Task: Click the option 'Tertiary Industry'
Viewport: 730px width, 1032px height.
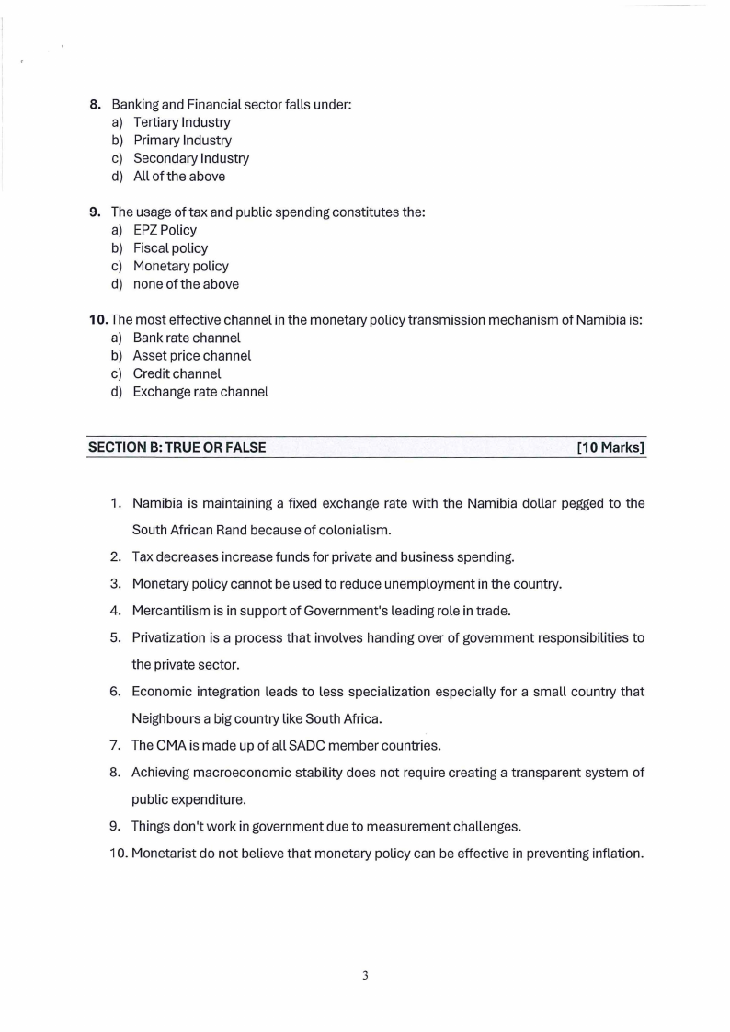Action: tap(181, 122)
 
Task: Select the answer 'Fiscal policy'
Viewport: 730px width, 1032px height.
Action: tap(170, 248)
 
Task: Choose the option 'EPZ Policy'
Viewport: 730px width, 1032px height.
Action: tap(165, 230)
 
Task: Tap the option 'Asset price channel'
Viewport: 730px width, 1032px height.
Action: tap(191, 356)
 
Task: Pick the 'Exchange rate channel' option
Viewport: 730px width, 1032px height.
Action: tap(200, 392)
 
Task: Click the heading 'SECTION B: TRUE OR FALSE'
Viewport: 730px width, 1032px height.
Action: tap(177, 448)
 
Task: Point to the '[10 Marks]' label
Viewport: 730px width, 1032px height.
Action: tap(610, 448)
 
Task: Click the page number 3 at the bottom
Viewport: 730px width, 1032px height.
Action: tap(365, 976)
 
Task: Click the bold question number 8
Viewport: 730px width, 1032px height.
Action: tap(95, 105)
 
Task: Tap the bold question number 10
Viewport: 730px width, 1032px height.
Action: tap(98, 320)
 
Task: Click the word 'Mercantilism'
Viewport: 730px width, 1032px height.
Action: tap(172, 609)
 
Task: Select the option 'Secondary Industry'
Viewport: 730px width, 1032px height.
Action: tap(190, 158)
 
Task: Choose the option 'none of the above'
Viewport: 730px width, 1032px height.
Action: tap(186, 284)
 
